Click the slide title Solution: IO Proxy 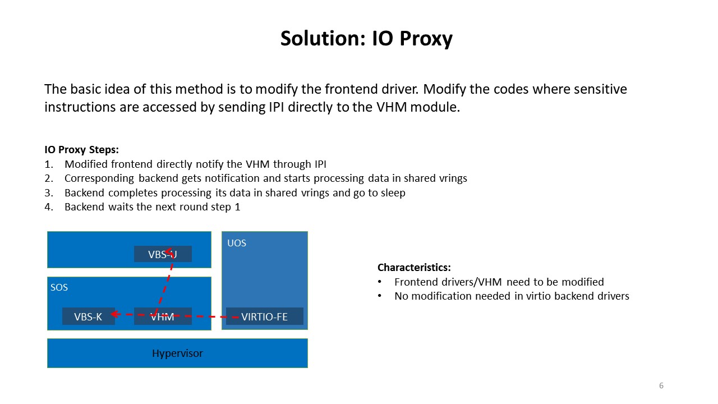366,39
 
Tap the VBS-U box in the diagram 163,254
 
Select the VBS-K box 89,316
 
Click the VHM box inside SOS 163,316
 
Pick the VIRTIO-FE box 264,316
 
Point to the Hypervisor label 177,353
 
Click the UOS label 237,243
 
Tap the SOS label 59,287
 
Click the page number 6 661,385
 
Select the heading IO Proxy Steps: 81,150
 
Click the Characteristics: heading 414,268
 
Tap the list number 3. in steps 49,193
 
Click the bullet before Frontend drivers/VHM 380,282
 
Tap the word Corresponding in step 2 99,178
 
